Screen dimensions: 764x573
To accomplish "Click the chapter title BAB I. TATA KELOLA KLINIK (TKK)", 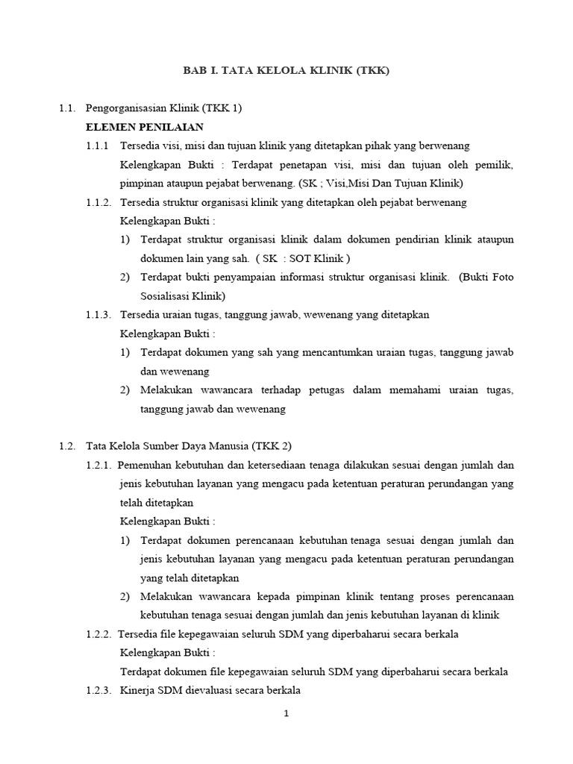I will pos(286,71).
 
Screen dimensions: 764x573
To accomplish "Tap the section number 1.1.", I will pos(67,108).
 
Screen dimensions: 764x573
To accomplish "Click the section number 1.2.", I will pos(67,446).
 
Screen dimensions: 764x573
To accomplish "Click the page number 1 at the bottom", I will pos(286,713).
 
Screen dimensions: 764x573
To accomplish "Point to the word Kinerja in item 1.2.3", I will pos(137,691).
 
